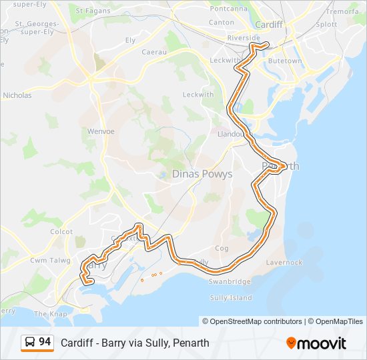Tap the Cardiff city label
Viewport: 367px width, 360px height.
coord(270,25)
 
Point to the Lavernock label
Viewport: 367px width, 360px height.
coord(284,263)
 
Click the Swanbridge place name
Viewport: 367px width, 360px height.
coord(229,282)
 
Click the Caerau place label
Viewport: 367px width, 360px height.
coord(155,51)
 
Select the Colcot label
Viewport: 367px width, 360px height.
coord(61,232)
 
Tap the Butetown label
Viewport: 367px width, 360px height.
coord(285,61)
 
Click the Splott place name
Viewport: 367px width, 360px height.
coord(326,24)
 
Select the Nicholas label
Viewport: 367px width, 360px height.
coord(17,95)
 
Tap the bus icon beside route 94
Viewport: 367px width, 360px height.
coord(30,343)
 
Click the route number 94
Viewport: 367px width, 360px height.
coord(45,342)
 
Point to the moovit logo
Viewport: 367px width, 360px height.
coord(316,343)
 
